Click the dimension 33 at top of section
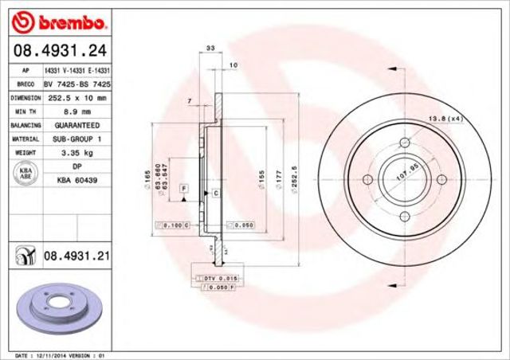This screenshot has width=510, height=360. coord(210,49)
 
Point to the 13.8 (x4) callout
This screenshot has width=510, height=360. coord(446,119)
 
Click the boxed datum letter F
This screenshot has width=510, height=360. coord(183,187)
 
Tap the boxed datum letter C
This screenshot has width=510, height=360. coord(215,193)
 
